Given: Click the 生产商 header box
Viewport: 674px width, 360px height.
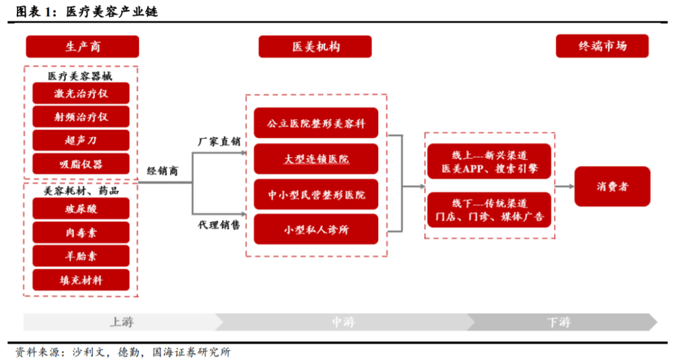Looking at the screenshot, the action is [82, 47].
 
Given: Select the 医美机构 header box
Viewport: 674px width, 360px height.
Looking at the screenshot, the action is [315, 47].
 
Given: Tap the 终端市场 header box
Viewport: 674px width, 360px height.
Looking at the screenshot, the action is [602, 46].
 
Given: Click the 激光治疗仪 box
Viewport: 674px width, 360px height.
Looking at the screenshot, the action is [81, 94].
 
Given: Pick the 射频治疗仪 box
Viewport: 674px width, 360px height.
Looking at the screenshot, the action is [81, 117].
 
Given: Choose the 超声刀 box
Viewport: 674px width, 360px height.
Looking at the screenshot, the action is [81, 140].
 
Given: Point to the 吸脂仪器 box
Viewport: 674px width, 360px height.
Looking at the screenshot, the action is [81, 164].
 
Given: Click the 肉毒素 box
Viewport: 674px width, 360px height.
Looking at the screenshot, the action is [81, 232].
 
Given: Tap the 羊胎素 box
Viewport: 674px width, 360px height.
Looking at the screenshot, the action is [81, 256].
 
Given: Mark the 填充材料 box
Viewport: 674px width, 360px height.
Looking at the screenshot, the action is [81, 280].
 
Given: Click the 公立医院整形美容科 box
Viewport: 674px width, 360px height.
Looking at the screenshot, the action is [316, 124].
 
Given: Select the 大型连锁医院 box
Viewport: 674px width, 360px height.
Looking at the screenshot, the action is [316, 159].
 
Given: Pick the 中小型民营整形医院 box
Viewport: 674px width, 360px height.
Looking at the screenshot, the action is [316, 195].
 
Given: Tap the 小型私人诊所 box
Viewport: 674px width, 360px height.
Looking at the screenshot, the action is [316, 230].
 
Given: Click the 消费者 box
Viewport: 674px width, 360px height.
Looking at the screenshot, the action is [612, 187].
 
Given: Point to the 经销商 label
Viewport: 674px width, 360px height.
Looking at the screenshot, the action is [162, 171].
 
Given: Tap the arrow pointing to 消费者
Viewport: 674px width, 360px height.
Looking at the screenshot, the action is [564, 186].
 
